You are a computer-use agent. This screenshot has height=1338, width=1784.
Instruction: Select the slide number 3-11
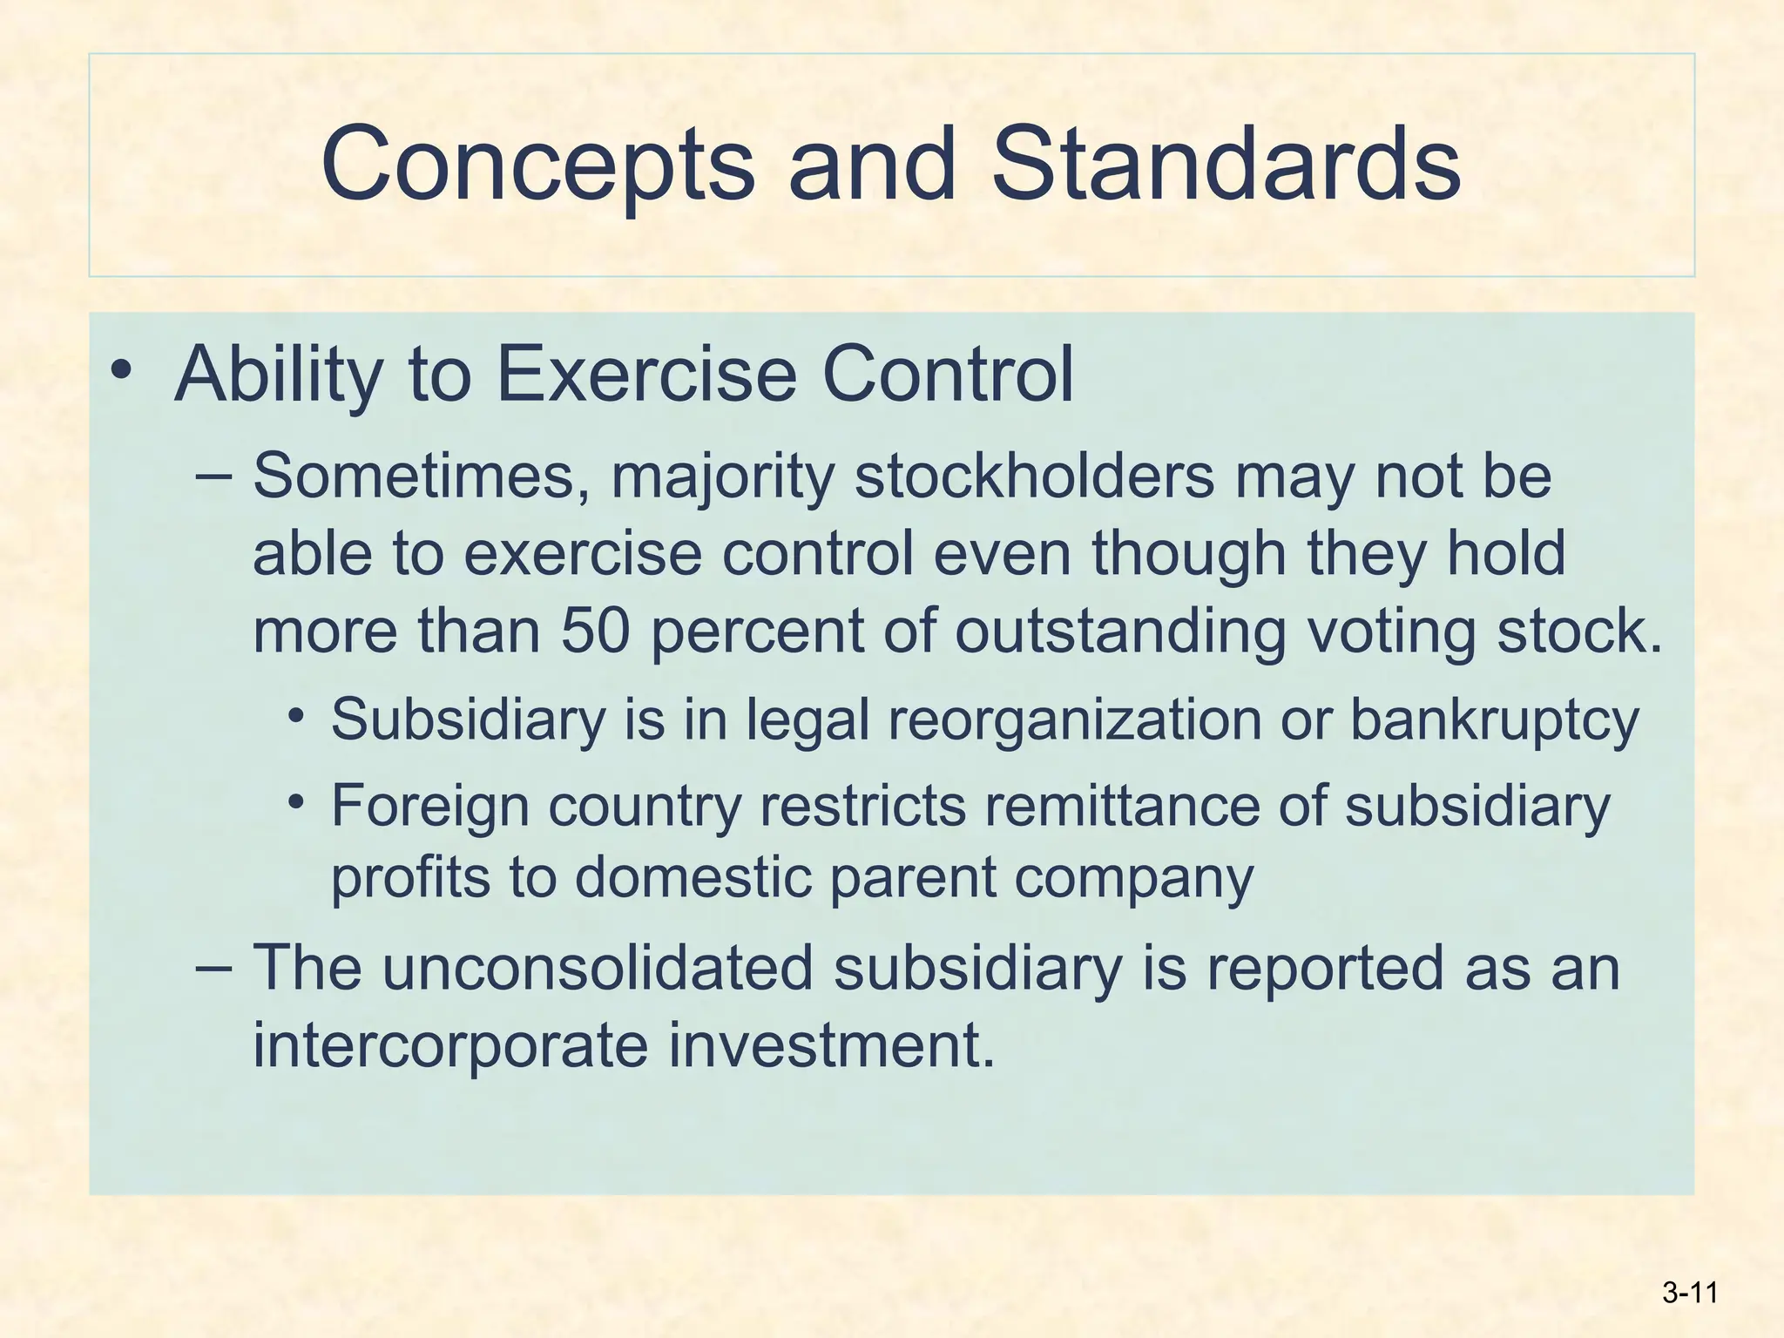[1689, 1293]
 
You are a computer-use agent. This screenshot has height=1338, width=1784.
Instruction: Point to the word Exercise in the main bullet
[646, 375]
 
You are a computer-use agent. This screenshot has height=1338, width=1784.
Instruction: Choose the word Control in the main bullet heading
[948, 375]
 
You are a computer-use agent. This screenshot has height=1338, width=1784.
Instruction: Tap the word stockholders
[1034, 476]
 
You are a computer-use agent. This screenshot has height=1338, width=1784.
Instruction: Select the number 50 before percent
[595, 631]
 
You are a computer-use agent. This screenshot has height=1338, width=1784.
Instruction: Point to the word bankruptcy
[1494, 721]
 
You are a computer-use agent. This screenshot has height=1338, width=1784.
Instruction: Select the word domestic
[693, 876]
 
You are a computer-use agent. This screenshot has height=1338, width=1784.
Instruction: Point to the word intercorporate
[450, 1044]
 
